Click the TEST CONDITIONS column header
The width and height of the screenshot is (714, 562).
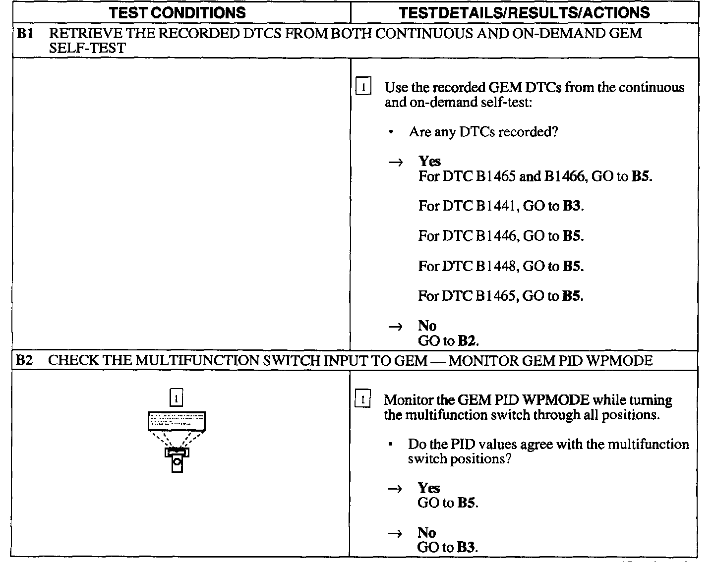click(x=177, y=12)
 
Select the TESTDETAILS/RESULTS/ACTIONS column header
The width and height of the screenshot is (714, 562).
click(x=524, y=12)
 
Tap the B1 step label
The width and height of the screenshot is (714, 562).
click(x=25, y=34)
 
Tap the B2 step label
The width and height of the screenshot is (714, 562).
click(x=24, y=360)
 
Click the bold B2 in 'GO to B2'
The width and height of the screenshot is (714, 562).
click(x=467, y=341)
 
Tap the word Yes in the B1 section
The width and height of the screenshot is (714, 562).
click(x=429, y=162)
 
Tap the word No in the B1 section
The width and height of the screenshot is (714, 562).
click(x=427, y=326)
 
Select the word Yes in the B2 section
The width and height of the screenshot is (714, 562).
click(x=428, y=488)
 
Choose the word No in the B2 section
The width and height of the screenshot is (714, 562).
click(x=426, y=533)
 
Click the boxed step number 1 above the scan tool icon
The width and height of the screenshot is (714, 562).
click(x=177, y=397)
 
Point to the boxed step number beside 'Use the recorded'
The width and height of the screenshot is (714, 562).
click(x=363, y=88)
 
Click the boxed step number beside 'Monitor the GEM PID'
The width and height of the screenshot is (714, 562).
click(x=363, y=399)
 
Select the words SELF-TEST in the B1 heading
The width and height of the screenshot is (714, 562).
click(x=87, y=48)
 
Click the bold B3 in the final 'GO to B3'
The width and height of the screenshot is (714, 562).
click(x=466, y=548)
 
